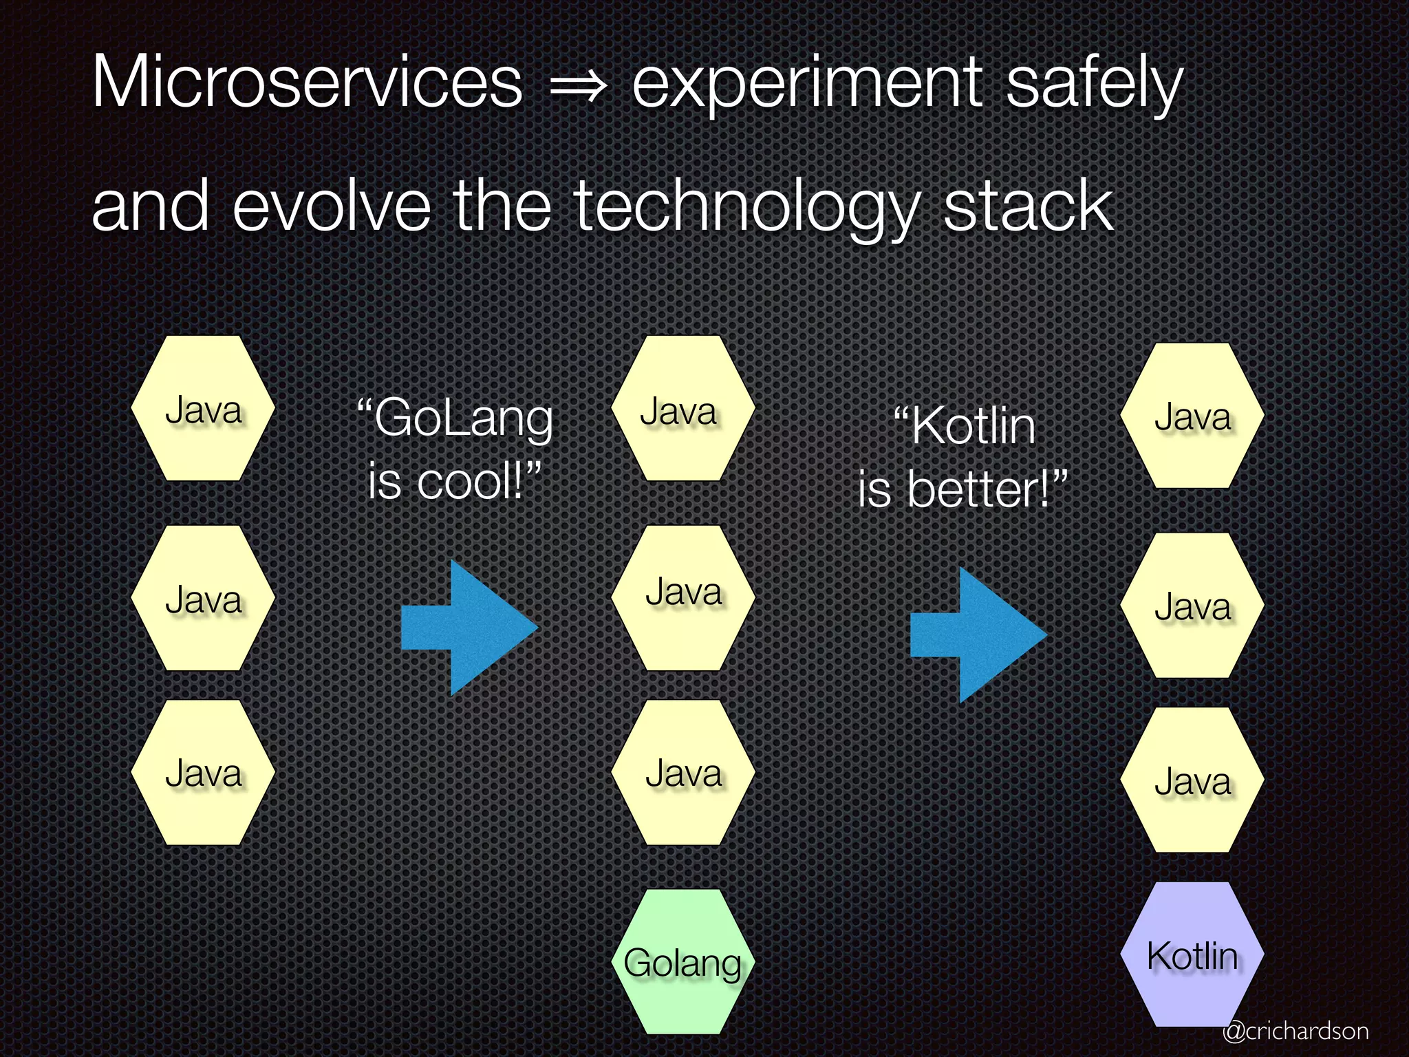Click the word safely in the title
[1094, 86]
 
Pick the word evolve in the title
[332, 206]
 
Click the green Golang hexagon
[683, 962]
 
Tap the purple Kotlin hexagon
[1192, 955]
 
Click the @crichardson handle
[1295, 1031]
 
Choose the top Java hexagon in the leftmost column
[203, 409]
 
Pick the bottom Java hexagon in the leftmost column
[203, 772]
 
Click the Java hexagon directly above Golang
[683, 772]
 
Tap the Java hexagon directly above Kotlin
[1192, 780]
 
